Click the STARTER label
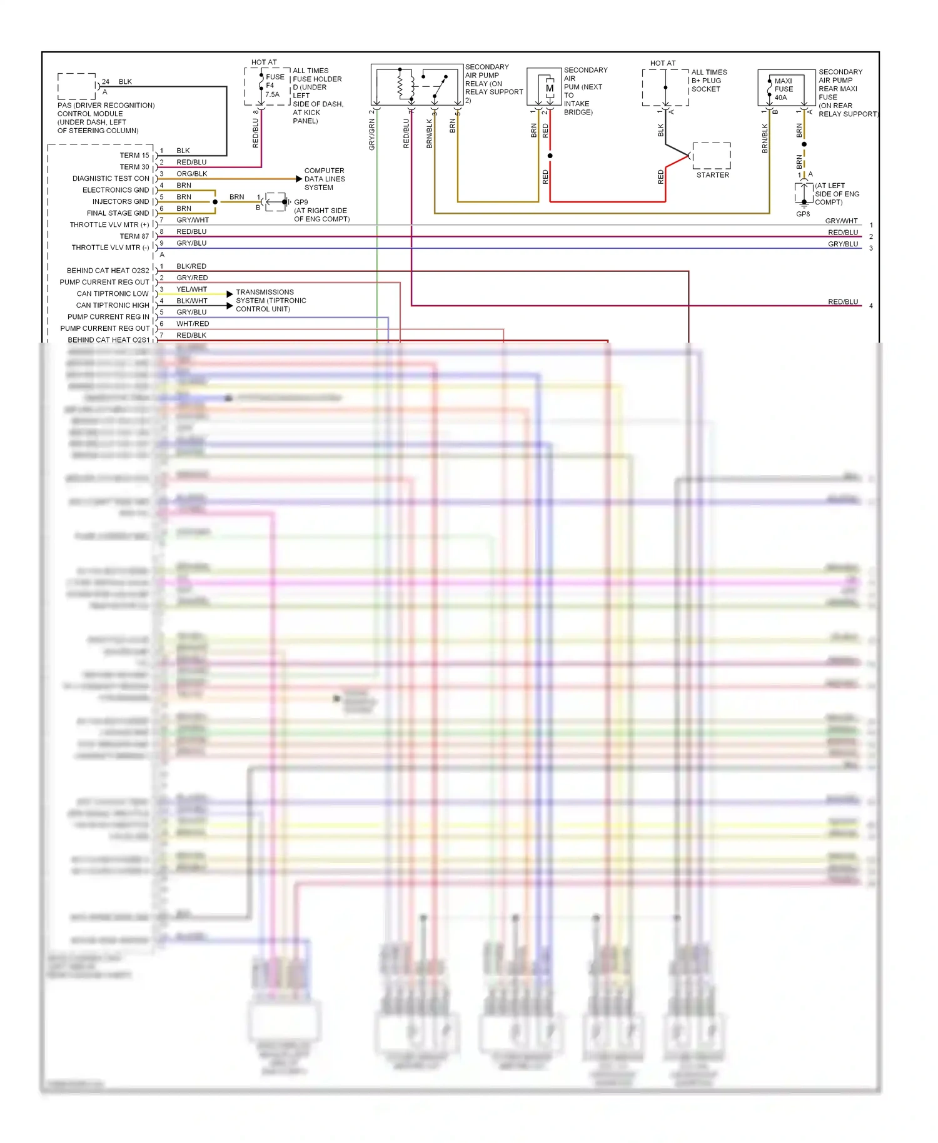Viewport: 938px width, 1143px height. [712, 175]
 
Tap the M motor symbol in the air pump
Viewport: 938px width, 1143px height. [549, 89]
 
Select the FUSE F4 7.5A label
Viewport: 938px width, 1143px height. [273, 86]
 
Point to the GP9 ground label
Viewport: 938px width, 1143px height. [301, 203]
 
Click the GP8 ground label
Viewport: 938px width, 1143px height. [803, 214]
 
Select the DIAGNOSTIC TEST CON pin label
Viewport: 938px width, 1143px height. [111, 179]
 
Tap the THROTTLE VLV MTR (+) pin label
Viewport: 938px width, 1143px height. [109, 225]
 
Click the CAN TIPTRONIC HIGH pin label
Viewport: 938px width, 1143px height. [113, 306]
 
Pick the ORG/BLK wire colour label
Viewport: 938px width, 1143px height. [191, 174]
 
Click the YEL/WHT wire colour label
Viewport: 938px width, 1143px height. [191, 290]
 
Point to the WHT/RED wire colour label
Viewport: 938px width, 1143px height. [193, 324]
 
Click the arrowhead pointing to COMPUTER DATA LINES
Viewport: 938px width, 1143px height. [299, 179]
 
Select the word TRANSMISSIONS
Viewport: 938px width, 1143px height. [265, 292]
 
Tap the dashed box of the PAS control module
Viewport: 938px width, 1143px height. [76, 86]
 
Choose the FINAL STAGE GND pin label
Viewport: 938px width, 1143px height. [118, 213]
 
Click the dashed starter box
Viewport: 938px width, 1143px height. [712, 156]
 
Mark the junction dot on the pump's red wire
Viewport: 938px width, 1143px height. [550, 156]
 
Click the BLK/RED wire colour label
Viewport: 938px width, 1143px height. [191, 266]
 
